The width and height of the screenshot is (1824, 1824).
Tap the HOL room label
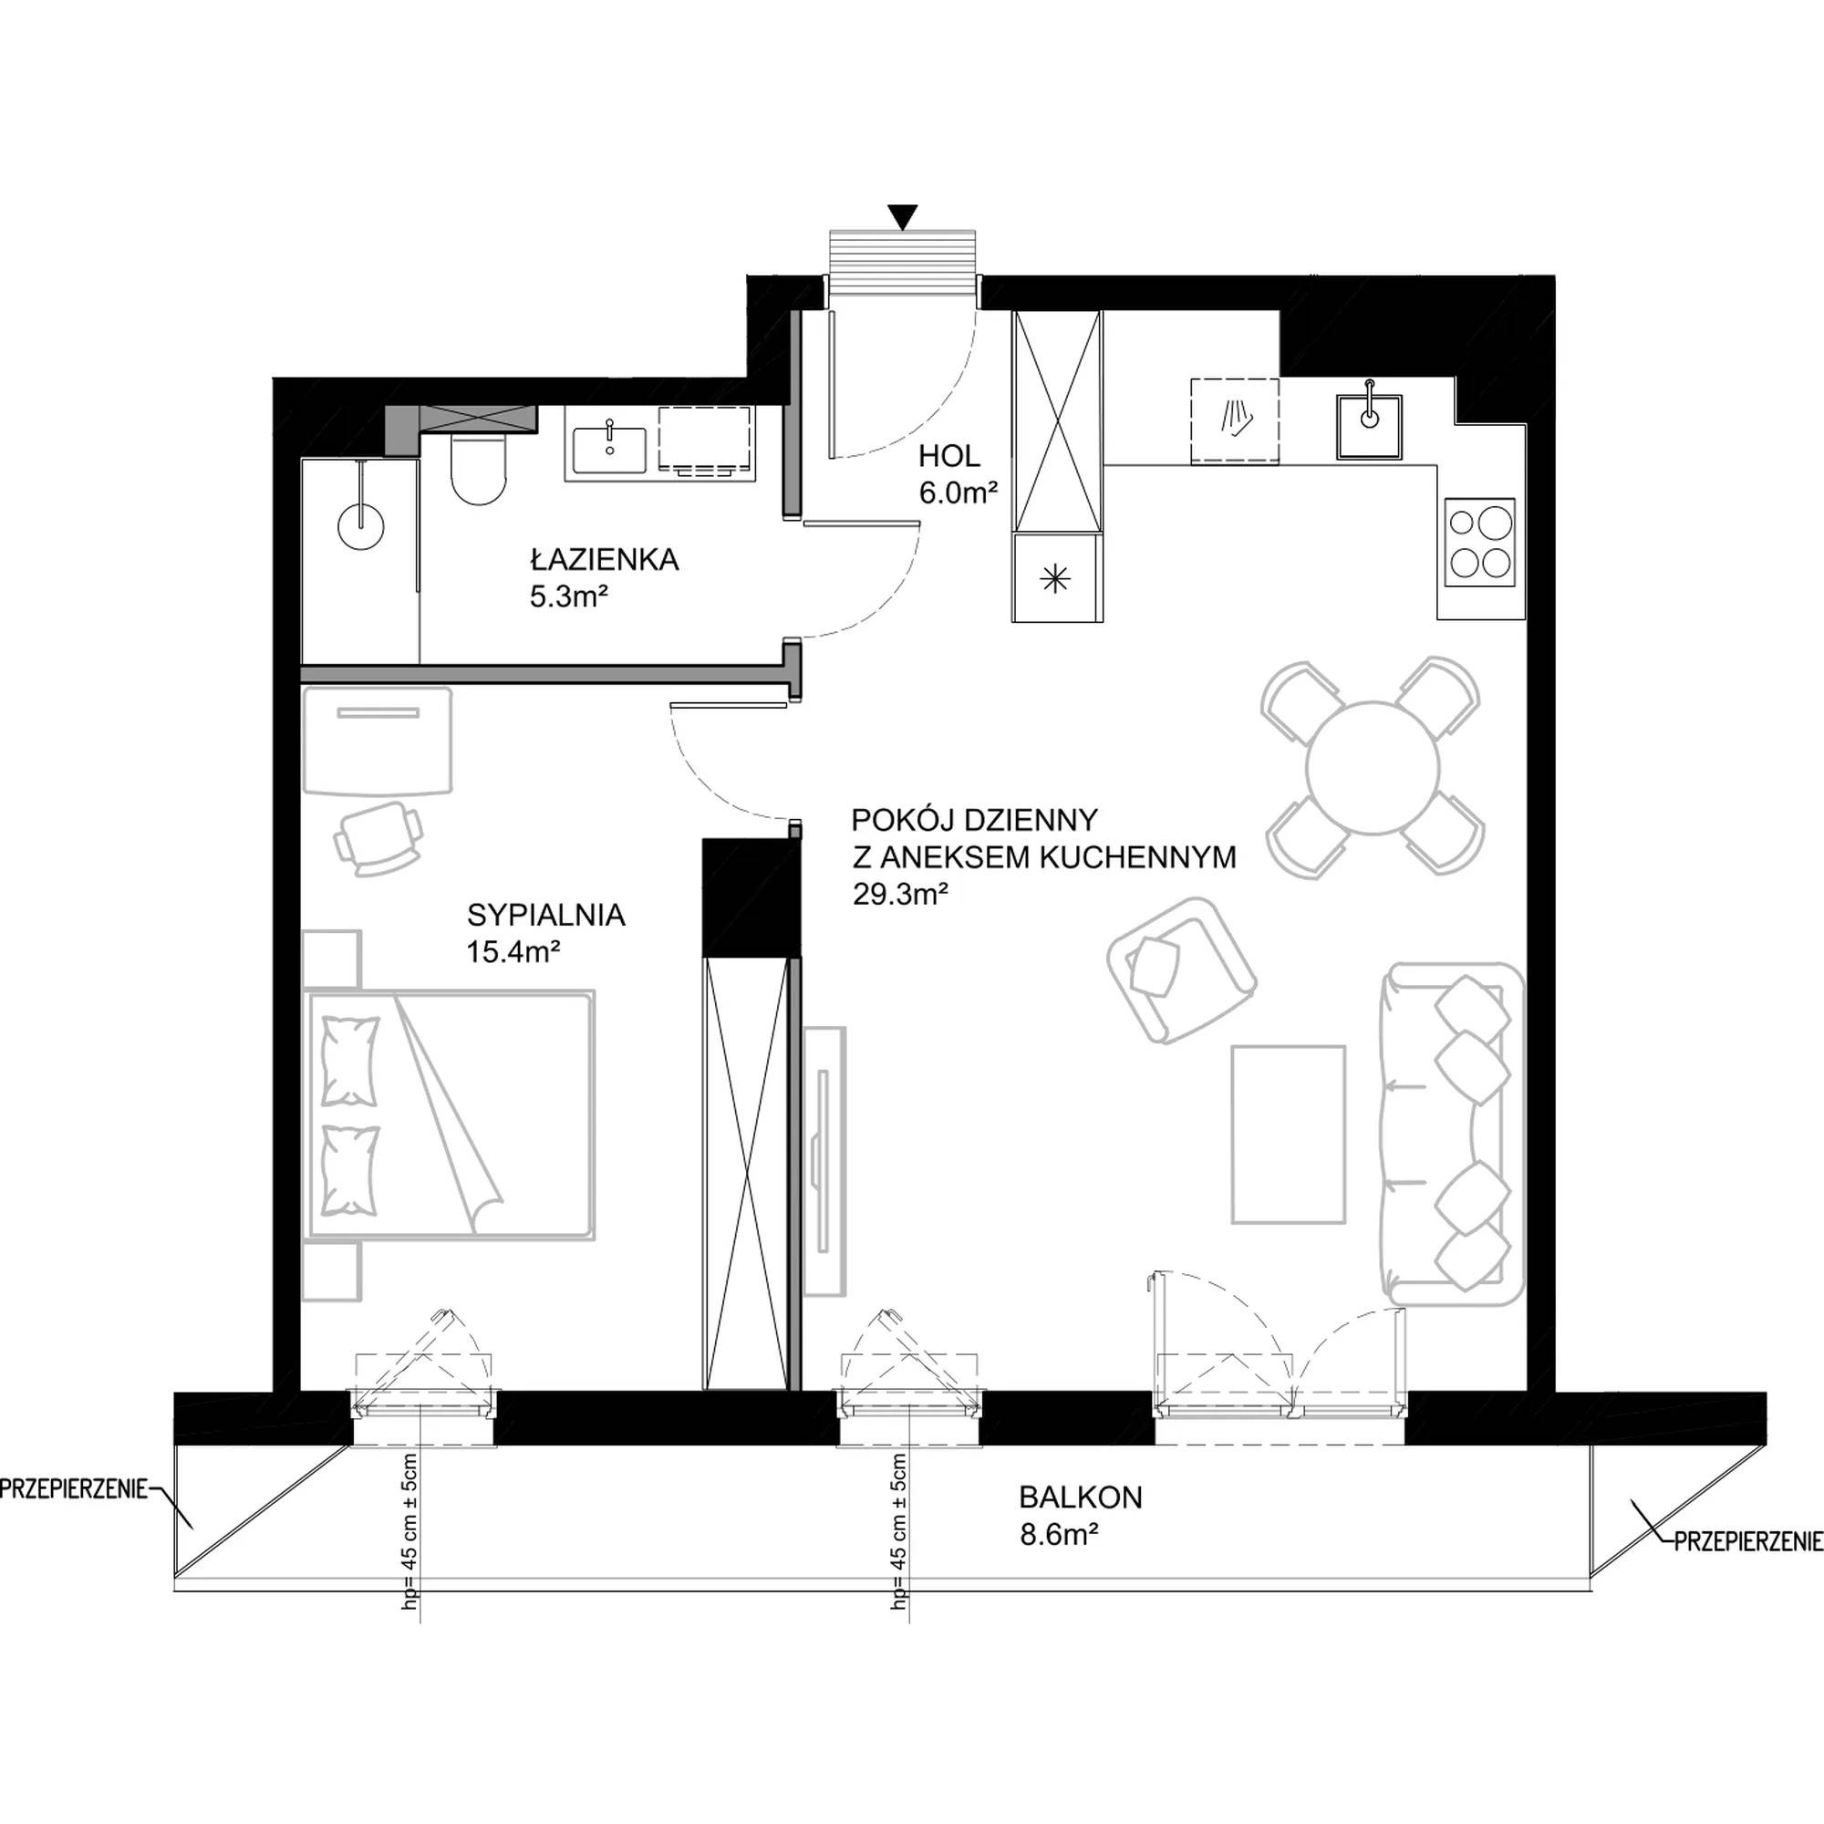pyautogui.click(x=949, y=457)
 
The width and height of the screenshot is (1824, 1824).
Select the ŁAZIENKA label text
pyautogui.click(x=605, y=560)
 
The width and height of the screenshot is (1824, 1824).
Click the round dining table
pyautogui.click(x=1372, y=768)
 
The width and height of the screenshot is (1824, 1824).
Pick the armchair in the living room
pyautogui.click(x=1182, y=969)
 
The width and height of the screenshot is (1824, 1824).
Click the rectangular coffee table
pyautogui.click(x=1289, y=1134)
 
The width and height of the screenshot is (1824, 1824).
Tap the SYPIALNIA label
pyautogui.click(x=545, y=915)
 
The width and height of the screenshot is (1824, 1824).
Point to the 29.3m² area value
pyautogui.click(x=901, y=894)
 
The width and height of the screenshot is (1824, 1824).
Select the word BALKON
pyautogui.click(x=1080, y=1498)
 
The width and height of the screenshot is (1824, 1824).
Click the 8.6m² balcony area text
pyautogui.click(x=1058, y=1535)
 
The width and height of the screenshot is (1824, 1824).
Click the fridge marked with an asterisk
pyautogui.click(x=1056, y=578)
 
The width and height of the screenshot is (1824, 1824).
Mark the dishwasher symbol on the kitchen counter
pyautogui.click(x=1234, y=422)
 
